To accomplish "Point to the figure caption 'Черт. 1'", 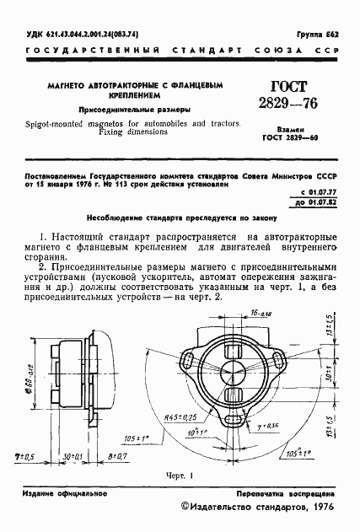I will point(180,476).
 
